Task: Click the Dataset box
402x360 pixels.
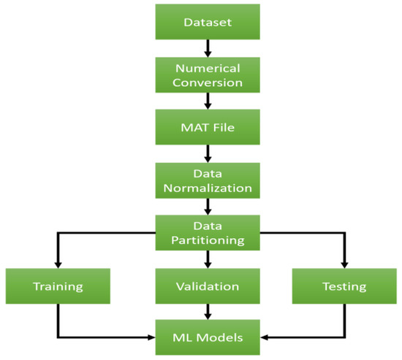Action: point(208,22)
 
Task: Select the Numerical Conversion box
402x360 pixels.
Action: point(208,74)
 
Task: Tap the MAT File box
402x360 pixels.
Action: point(208,127)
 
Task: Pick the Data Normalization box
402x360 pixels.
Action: point(208,180)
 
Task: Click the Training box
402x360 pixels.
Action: point(56,286)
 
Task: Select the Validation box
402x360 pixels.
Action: point(208,286)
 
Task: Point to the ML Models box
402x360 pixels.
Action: point(208,337)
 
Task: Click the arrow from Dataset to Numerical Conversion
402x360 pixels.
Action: point(208,48)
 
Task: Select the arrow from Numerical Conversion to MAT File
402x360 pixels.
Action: point(208,101)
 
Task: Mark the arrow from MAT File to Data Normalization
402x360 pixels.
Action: point(208,153)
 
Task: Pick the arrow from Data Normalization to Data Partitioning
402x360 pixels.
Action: point(208,207)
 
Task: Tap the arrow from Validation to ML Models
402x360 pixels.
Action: point(208,313)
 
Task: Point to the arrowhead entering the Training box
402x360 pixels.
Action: point(56,264)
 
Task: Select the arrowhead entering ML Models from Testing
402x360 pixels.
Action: point(266,338)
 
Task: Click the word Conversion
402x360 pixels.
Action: point(208,82)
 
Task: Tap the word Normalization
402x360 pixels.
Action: point(208,188)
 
